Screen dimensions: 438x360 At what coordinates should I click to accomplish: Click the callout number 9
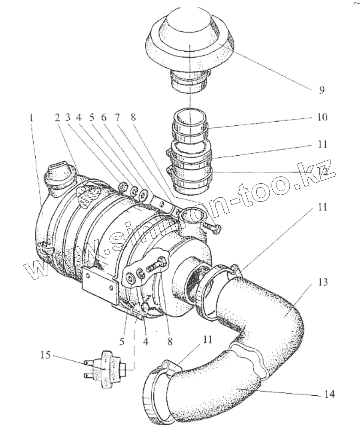pyautogui.click(x=321, y=90)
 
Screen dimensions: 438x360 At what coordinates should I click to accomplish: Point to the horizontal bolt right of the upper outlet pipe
pyautogui.click(x=213, y=228)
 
